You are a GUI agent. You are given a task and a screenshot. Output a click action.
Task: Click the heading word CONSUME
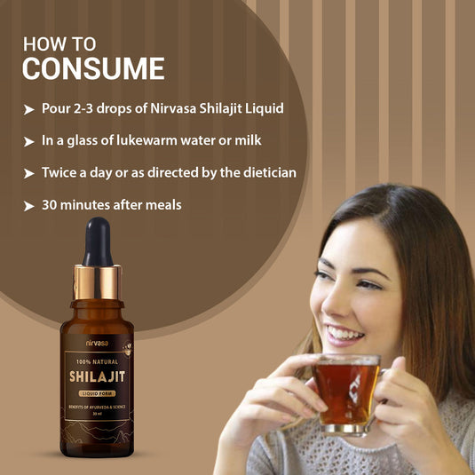(x=93, y=68)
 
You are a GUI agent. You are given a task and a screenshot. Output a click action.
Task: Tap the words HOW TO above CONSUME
(x=60, y=43)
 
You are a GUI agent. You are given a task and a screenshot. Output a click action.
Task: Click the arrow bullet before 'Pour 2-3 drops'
(x=28, y=109)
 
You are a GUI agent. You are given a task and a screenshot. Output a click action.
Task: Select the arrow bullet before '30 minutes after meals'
(x=28, y=205)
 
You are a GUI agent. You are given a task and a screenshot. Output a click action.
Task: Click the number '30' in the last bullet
(x=51, y=204)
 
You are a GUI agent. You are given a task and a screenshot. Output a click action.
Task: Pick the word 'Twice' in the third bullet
(x=59, y=172)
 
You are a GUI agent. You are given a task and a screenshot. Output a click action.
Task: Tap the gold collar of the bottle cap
(x=98, y=281)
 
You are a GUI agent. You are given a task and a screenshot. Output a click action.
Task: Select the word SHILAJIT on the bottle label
(x=97, y=376)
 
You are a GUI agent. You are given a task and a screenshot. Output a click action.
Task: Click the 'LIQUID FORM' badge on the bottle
(x=97, y=393)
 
